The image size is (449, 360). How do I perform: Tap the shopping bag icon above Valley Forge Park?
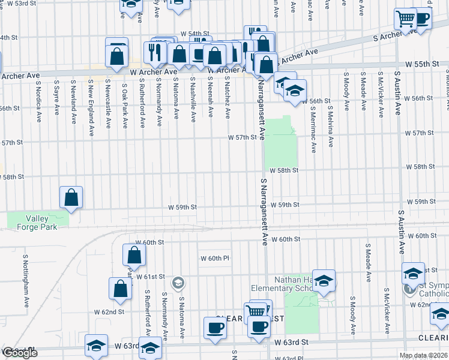71,197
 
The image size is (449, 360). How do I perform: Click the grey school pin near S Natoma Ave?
178,283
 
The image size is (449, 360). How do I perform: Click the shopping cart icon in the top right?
406,19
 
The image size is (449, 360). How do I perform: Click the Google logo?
19,353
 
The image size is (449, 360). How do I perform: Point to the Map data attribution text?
423,355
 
